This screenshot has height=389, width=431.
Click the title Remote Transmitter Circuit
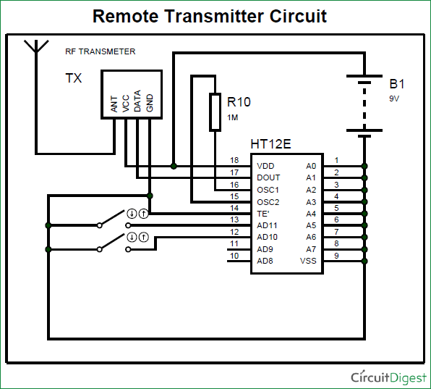tap(210, 16)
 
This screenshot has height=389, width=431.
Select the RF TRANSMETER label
tap(100, 51)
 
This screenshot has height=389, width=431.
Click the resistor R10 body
tap(215, 112)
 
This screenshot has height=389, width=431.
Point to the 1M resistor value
tap(233, 117)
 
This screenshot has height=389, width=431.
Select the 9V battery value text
tap(394, 98)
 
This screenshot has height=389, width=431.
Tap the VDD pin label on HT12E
tap(265, 166)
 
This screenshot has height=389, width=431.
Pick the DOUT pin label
tap(268, 177)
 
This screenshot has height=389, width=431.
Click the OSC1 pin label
tap(268, 190)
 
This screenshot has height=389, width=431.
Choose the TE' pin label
tap(263, 214)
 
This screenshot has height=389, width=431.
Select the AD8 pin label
tap(265, 261)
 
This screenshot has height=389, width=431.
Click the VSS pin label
tap(308, 261)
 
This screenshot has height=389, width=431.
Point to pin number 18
tap(234, 160)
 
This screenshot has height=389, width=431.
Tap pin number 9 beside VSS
tap(336, 255)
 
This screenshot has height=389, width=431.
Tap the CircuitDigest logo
tap(388, 377)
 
